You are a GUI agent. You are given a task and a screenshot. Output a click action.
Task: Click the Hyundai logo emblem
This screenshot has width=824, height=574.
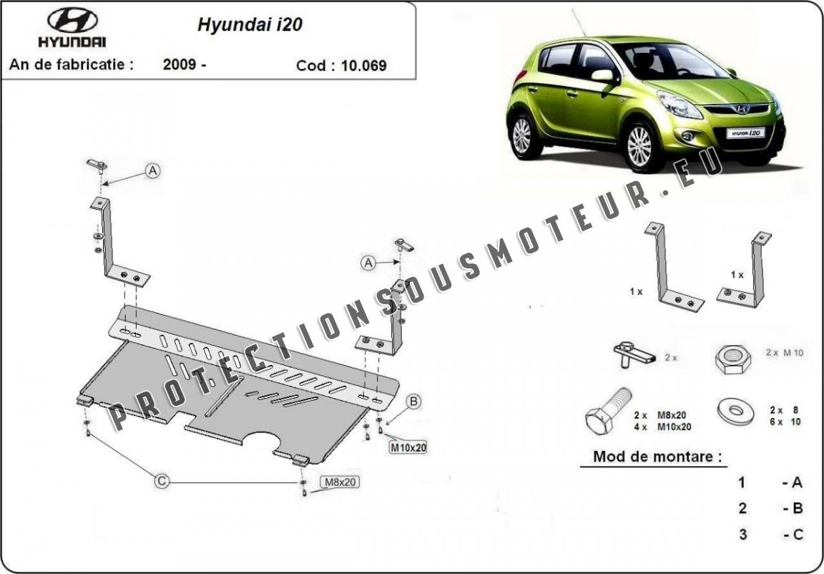click(x=72, y=20)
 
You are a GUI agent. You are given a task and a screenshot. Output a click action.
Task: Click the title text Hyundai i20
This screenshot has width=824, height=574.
click(x=250, y=24)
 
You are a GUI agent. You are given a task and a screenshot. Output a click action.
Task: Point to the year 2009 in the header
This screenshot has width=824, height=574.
click(x=181, y=64)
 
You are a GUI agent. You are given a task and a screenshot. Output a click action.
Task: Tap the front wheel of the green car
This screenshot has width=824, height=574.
click(x=639, y=146)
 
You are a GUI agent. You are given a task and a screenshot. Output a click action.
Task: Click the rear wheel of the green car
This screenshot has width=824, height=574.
click(x=522, y=135)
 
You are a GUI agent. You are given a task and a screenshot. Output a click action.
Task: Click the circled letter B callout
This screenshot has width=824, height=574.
click(x=413, y=402)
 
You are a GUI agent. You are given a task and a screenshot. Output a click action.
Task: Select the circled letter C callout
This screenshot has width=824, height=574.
click(x=162, y=482)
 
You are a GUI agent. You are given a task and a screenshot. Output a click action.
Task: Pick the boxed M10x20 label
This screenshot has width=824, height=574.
click(x=408, y=448)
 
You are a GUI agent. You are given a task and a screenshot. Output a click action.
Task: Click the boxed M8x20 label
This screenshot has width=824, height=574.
click(x=339, y=482)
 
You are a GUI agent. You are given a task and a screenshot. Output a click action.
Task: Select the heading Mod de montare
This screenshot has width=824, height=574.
click(x=657, y=457)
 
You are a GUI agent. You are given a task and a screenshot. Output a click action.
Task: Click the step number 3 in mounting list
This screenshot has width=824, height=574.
click(x=743, y=534)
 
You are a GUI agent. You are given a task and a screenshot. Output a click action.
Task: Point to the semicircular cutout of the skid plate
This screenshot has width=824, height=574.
click(x=265, y=442)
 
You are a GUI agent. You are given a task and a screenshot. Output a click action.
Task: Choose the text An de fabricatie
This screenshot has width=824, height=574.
click(x=71, y=64)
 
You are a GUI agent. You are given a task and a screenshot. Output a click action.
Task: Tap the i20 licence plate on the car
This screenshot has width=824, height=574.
click(x=745, y=132)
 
